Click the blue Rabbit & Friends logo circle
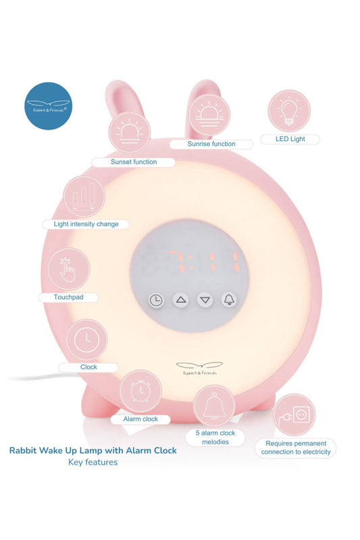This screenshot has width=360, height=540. point(48,106)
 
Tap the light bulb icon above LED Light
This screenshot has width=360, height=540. point(289,111)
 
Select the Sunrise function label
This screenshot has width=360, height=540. point(211,144)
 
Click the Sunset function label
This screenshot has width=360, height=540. point(134,162)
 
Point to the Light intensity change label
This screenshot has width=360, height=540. point(86,224)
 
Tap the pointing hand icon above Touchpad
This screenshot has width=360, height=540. point(68,269)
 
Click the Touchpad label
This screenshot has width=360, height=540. point(68,297)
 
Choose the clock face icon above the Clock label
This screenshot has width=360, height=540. point(87,340)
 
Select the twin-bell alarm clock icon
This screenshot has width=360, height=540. point(140,391)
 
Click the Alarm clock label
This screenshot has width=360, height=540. point(140,419)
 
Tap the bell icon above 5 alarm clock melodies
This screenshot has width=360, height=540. point(214,406)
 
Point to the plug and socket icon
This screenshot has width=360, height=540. point(294,415)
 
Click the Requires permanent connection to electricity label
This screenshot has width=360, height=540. point(296,448)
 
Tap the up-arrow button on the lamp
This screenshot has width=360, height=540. point(181,300)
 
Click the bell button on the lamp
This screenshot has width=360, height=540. point(230,300)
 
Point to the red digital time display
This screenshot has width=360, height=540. point(203,261)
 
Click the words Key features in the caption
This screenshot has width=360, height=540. point(93,462)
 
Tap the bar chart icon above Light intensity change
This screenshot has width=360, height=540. point(84,197)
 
